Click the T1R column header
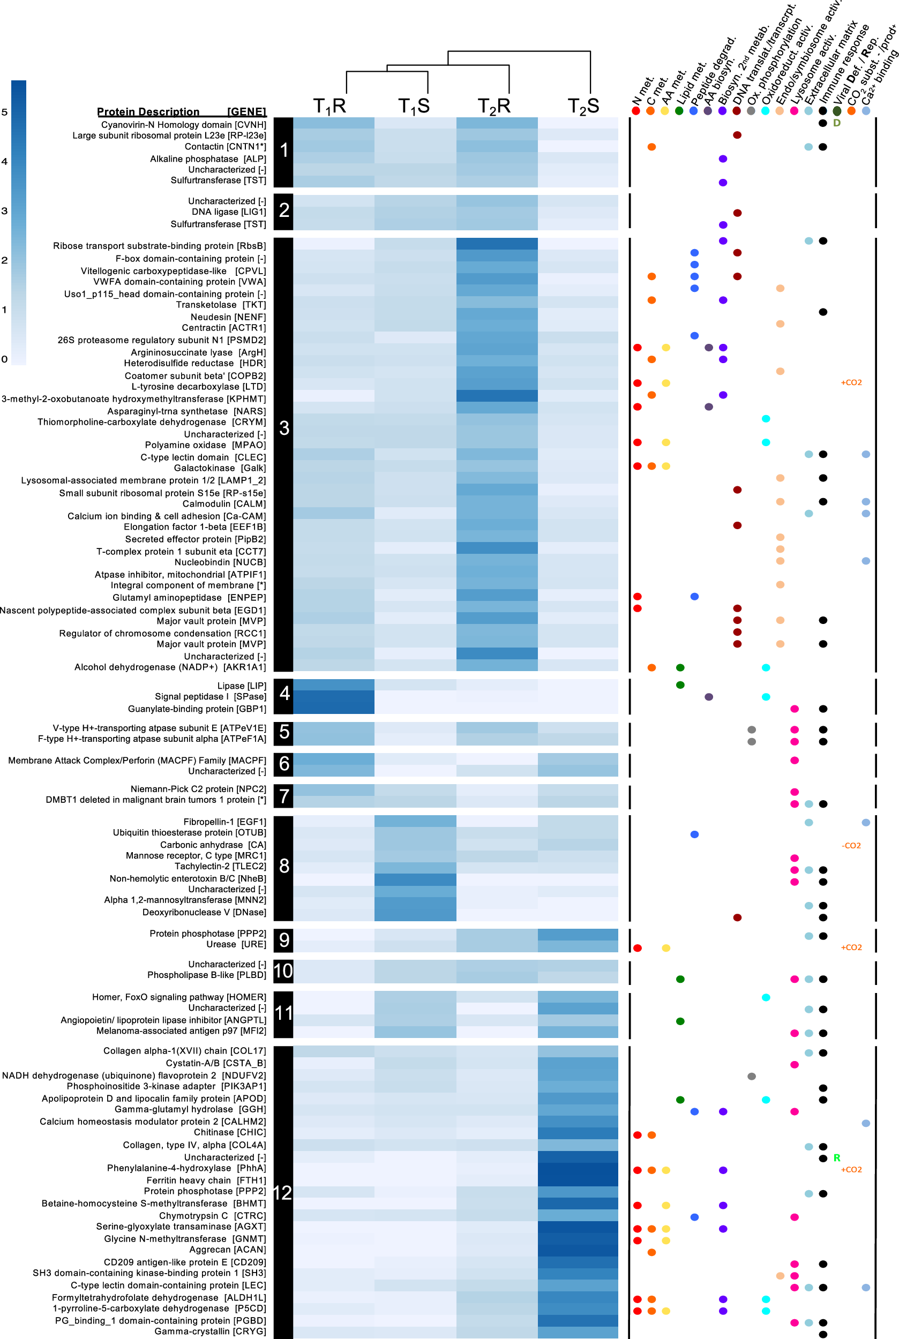[329, 107]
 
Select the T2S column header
[583, 107]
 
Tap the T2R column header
[493, 107]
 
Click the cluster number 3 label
[284, 428]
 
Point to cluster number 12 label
[283, 1193]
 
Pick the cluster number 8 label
[284, 866]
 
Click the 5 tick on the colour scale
[5, 112]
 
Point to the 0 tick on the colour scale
[5, 359]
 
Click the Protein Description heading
[148, 112]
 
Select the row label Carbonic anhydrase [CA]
[213, 845]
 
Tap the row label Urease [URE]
[236, 944]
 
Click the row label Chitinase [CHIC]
[229, 1132]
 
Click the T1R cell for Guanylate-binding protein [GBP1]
[334, 709]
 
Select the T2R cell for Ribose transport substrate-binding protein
[497, 244]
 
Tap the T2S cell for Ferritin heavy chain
[578, 1180]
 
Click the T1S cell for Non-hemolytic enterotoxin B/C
[415, 879]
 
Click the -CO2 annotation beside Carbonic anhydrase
[851, 846]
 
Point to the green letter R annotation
[836, 1158]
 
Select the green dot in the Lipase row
[680, 685]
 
